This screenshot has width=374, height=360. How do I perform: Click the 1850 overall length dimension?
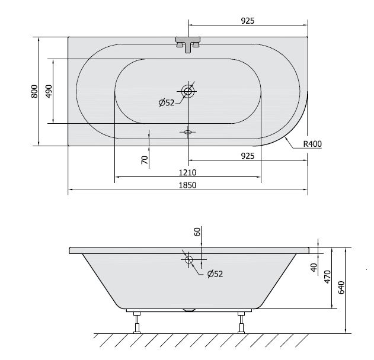pos(188,185)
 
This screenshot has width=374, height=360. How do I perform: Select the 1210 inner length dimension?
pos(188,172)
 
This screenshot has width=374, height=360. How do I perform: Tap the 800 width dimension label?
pos(34,91)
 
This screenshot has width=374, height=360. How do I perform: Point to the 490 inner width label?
pos(49,91)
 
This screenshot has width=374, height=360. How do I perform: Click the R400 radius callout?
pos(312,144)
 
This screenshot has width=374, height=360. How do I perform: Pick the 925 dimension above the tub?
pos(248,21)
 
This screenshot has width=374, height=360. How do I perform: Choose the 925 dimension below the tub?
pos(248,156)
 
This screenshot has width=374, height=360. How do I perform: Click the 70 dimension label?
pos(145,160)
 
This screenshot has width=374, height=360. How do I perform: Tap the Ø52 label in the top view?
pos(167,103)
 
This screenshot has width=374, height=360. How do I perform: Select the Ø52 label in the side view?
pos(215,274)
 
